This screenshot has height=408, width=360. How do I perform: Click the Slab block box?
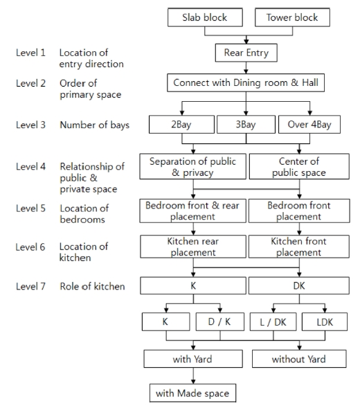point(205,17)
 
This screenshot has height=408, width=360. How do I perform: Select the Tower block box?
point(292,17)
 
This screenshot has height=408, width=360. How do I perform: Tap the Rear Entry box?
point(246,53)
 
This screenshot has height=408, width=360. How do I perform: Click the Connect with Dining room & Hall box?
point(246,82)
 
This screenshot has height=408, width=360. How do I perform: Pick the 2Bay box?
point(181,125)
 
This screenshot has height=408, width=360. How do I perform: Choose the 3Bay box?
point(246,125)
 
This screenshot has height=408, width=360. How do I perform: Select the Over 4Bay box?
point(309,125)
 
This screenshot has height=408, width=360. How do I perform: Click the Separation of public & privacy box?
point(192,166)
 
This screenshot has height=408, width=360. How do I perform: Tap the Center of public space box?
point(299,166)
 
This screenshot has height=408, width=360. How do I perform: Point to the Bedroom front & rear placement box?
point(192,211)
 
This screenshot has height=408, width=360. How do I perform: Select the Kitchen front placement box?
point(299,247)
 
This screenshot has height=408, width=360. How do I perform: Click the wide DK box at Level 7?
point(299,285)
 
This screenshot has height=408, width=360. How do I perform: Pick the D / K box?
point(220,322)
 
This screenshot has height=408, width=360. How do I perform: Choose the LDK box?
point(325,322)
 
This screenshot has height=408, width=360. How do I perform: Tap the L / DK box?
point(273,322)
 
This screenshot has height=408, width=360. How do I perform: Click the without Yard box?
point(299,359)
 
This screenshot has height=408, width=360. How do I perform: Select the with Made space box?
point(192,393)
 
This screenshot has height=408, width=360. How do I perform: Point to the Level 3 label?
point(30,125)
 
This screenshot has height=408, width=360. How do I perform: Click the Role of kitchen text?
point(92,286)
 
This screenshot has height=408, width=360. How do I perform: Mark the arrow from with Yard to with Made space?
point(193,375)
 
